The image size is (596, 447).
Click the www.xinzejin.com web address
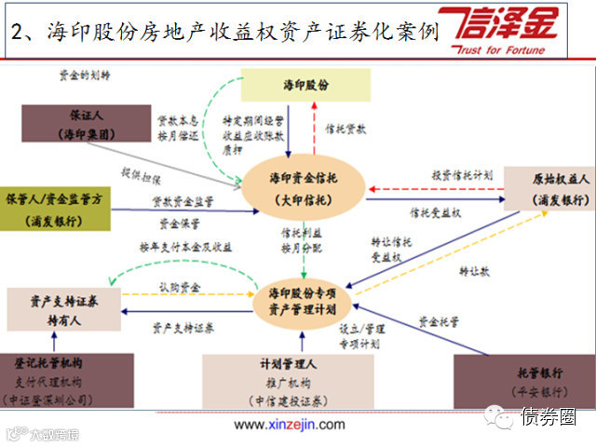(x=289, y=425)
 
